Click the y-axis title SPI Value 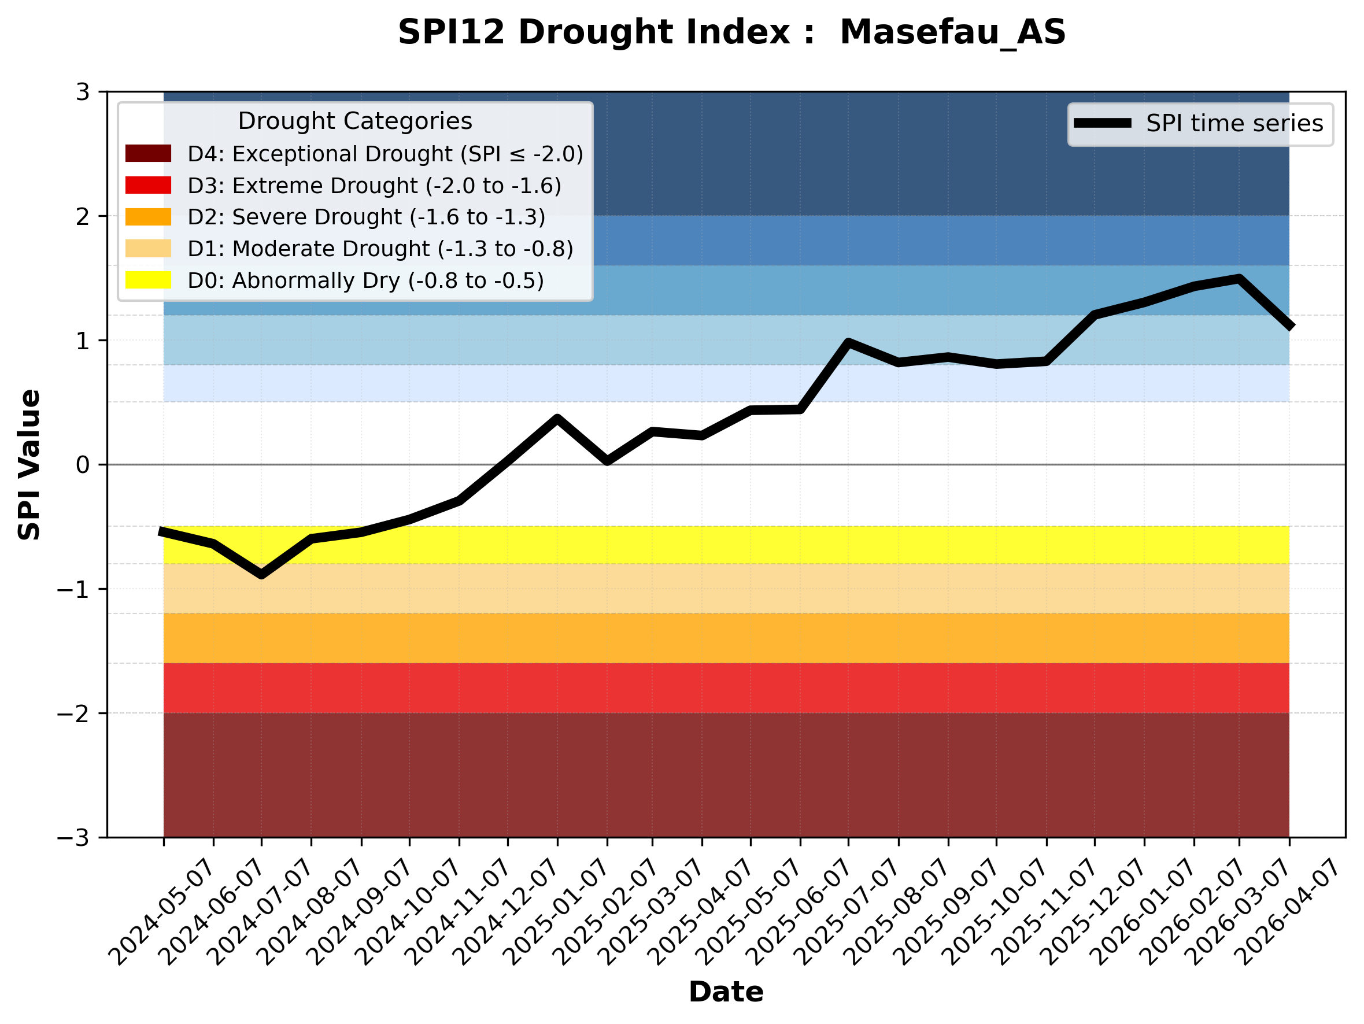(x=29, y=465)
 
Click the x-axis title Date (x=726, y=992)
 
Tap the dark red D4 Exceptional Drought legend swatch (x=148, y=153)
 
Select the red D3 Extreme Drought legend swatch (x=148, y=185)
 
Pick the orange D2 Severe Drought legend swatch (x=148, y=217)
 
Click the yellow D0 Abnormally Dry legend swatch (x=148, y=280)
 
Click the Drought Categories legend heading (x=355, y=121)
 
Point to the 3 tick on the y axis (x=83, y=92)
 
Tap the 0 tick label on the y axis (x=83, y=465)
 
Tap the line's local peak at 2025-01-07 (x=557, y=419)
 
